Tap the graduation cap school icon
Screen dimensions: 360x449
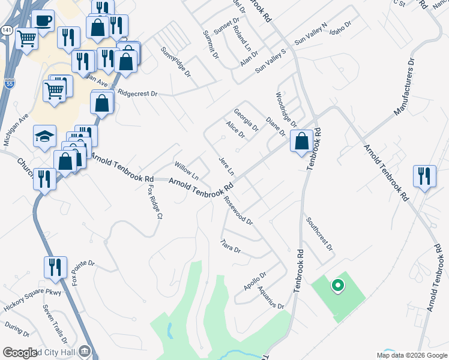[45, 136]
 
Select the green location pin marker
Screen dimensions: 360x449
[337, 286]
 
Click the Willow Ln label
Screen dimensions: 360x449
[186, 170]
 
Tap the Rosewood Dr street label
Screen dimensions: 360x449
[238, 210]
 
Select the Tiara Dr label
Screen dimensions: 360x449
[231, 246]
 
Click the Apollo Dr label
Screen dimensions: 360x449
[255, 281]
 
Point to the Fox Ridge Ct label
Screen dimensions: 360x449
[155, 201]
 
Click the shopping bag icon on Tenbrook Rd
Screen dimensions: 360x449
[301, 142]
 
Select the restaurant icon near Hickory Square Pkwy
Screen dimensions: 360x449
[55, 268]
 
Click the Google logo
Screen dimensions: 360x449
[20, 353]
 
